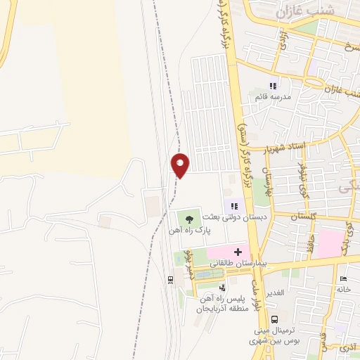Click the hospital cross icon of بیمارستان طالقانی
tap(238, 252)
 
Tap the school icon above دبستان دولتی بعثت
tap(234, 206)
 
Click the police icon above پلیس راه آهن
tap(222, 287)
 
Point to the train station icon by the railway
tap(170, 280)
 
